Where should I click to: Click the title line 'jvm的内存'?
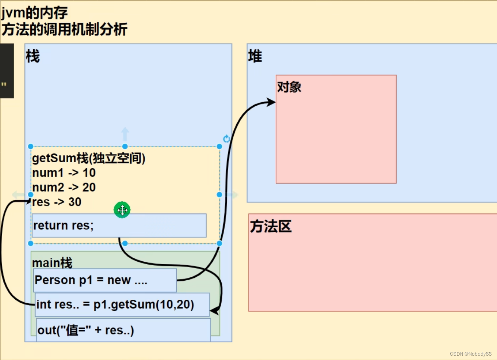click(35, 13)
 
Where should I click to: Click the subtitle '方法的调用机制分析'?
click(65, 30)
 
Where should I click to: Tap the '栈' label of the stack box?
click(33, 57)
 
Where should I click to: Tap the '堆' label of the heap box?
click(255, 56)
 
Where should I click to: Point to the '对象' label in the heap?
click(289, 87)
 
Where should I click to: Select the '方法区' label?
click(271, 227)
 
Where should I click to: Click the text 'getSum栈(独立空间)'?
click(89, 158)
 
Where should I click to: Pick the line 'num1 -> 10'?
click(64, 173)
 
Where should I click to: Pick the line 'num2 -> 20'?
click(64, 187)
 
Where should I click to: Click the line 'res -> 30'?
click(57, 202)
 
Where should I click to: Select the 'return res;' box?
click(119, 226)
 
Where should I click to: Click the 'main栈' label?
click(52, 262)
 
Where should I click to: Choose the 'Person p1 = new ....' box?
click(105, 280)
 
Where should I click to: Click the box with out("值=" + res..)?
click(123, 330)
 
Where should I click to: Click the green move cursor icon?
click(122, 210)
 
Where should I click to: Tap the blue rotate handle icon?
click(226, 139)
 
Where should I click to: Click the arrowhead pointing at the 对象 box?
click(271, 102)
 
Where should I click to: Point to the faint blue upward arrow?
click(125, 134)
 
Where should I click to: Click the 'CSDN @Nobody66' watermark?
click(470, 354)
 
